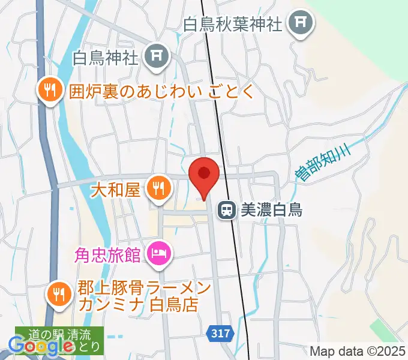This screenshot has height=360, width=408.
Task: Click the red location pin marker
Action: point(203,176)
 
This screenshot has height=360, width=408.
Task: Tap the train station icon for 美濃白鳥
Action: point(227,209)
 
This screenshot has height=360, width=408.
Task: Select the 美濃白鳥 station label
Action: point(271,209)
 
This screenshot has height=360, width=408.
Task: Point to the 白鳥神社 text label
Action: point(106,58)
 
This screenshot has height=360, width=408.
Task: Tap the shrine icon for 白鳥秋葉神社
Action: point(299,24)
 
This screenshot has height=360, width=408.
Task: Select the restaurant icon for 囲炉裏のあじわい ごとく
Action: point(48,91)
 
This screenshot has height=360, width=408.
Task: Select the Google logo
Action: point(41,345)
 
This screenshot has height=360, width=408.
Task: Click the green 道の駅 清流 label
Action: point(59,333)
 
